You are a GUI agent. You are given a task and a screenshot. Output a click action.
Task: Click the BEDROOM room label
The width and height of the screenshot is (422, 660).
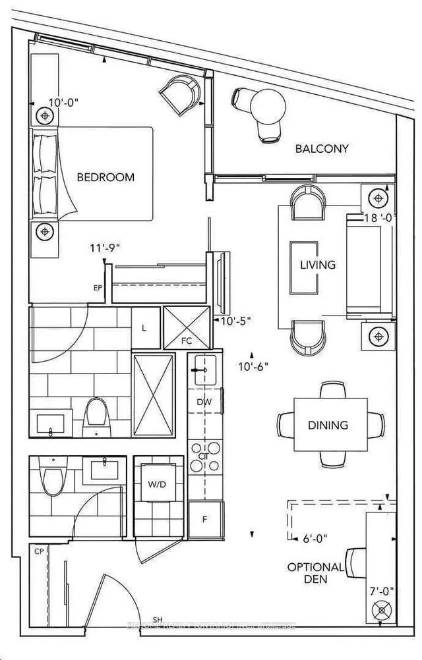pos(105,177)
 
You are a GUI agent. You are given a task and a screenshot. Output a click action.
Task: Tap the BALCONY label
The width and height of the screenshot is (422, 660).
pos(321,149)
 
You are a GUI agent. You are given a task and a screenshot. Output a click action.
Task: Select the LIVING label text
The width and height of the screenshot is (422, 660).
pos(317,265)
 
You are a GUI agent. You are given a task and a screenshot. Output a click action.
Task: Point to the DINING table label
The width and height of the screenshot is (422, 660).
pos(328,425)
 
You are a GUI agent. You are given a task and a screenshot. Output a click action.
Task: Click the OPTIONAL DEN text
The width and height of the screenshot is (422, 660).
pos(315,572)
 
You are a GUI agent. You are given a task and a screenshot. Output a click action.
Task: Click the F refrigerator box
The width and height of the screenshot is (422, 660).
pos(204,520)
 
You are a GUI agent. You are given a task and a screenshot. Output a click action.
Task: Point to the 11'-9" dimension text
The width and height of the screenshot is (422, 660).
pos(106,249)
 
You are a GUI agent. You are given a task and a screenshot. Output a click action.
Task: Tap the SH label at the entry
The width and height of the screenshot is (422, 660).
pos(158,620)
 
